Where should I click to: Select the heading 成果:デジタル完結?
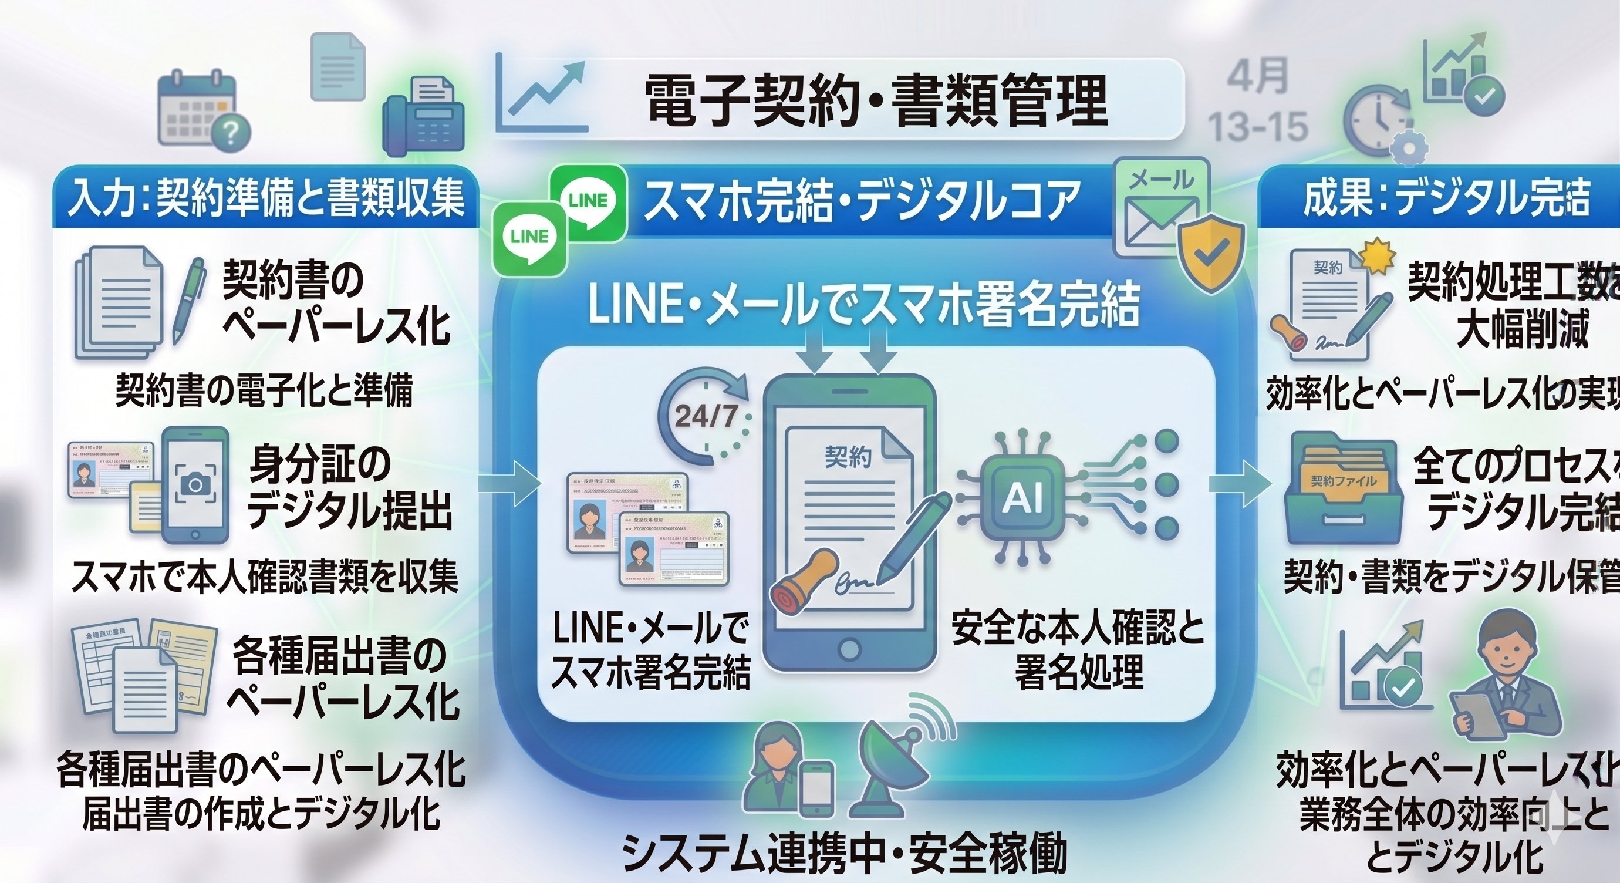tap(1446, 197)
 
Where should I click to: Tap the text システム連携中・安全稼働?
tap(843, 852)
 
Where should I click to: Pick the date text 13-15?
tap(1258, 126)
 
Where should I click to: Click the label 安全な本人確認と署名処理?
tap(1077, 648)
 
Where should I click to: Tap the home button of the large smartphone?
tap(849, 647)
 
